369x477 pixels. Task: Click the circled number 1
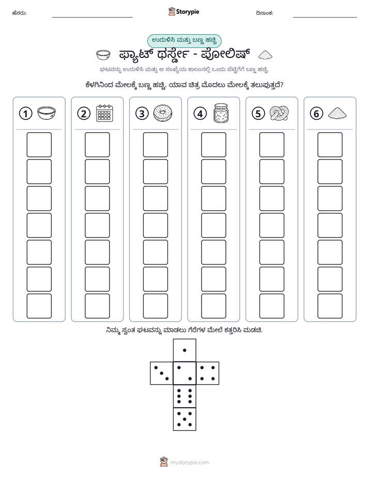coord(25,114)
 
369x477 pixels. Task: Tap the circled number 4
coord(200,114)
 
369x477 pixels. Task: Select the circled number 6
coord(316,114)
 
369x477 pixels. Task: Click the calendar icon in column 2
coord(104,113)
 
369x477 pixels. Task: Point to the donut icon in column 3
coord(163,113)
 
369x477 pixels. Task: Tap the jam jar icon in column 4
coord(221,113)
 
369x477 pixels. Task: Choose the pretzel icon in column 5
coord(279,113)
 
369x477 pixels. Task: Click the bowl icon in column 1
coord(47,113)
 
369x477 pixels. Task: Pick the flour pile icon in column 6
coord(337,113)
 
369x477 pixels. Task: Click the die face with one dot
coord(185,350)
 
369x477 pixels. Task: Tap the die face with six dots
coord(185,396)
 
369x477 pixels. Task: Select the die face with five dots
coord(185,419)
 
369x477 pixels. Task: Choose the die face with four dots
coord(208,373)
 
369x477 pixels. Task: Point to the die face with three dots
coord(162,373)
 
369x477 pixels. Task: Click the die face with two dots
coord(185,373)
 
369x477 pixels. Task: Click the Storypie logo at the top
coord(183,12)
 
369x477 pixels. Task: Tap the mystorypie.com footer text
coord(189,463)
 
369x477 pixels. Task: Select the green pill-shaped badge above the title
coord(185,41)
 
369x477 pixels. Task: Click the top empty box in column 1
coord(39,145)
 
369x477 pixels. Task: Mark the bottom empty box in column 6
coord(330,306)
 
